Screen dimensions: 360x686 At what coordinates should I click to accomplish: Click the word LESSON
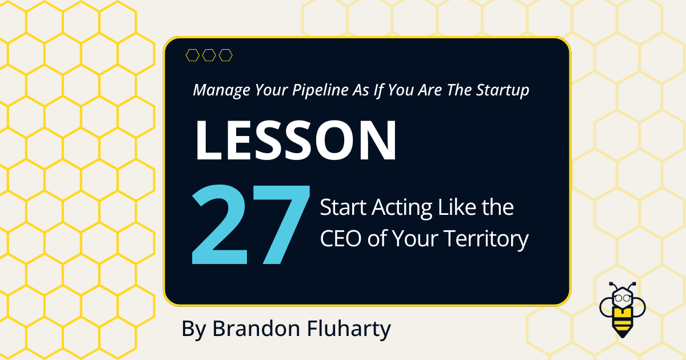coord(296,141)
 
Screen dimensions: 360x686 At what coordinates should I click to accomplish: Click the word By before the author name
coord(194,330)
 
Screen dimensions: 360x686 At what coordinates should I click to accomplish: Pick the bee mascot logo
coord(621,309)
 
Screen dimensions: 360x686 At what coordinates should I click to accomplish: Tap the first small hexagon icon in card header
coord(193,55)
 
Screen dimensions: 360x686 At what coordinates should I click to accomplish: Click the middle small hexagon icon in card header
coord(209,55)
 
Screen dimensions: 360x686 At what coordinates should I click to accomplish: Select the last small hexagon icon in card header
coord(226,55)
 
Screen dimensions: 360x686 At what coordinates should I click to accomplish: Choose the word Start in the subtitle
coord(342,208)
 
